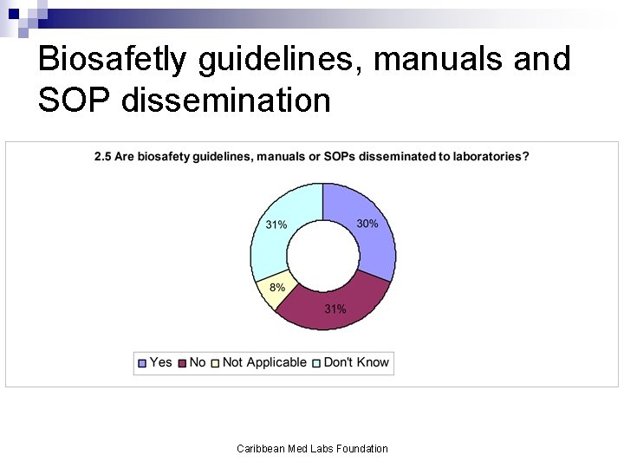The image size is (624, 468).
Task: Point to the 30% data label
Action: tap(367, 224)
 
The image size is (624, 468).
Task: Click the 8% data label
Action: tap(276, 288)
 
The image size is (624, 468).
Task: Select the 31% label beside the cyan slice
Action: tap(276, 224)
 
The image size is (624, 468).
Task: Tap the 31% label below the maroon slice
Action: tap(335, 309)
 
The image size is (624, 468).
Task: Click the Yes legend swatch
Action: tap(142, 362)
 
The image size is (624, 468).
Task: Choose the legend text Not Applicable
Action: tap(264, 362)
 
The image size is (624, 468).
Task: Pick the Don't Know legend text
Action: tap(356, 362)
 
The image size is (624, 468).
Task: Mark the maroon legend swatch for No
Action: tap(182, 362)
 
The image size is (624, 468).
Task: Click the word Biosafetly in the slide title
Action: tap(113, 59)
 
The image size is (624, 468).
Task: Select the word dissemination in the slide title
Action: tap(227, 101)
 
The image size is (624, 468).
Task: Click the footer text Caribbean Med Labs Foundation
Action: tap(312, 448)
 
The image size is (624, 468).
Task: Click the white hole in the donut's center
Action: tap(322, 257)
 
